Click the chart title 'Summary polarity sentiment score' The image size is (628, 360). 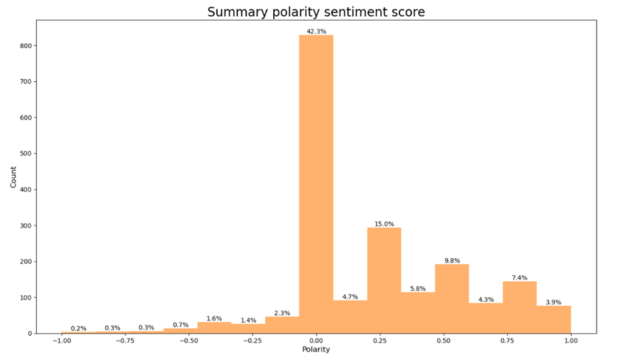(x=316, y=12)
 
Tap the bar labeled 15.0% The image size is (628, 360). (x=384, y=281)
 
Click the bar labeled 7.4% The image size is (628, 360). (x=520, y=307)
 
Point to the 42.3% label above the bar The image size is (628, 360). (x=316, y=31)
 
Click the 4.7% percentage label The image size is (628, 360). (x=350, y=297)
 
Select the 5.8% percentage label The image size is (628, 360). (x=418, y=289)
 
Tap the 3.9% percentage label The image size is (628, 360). (x=554, y=302)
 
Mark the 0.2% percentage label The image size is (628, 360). (x=79, y=328)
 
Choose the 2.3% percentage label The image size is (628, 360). (x=282, y=313)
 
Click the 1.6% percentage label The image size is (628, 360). (x=214, y=319)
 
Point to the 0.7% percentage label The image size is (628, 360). (x=180, y=325)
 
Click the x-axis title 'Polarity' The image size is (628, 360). (x=316, y=349)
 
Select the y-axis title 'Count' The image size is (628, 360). (x=13, y=176)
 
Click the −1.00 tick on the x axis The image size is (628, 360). (x=61, y=340)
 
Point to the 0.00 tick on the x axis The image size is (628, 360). (x=316, y=340)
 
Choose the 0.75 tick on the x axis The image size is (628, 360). (x=507, y=340)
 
